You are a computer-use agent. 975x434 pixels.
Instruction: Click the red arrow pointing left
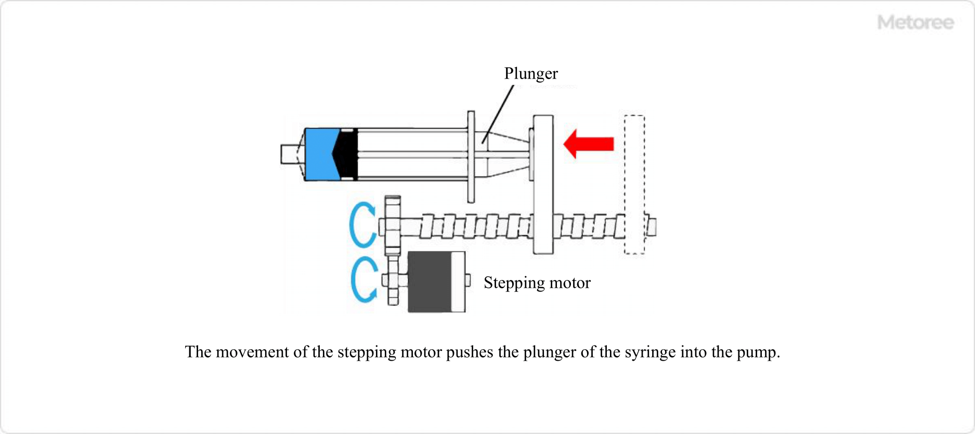tap(590, 144)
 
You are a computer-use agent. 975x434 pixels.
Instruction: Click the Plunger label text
tap(531, 73)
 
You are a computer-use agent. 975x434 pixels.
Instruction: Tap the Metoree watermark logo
tap(915, 22)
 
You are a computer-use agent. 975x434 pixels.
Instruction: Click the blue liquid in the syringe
tap(318, 154)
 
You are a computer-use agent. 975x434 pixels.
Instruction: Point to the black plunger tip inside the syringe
tap(347, 154)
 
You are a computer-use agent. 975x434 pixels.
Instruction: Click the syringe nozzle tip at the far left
tap(288, 154)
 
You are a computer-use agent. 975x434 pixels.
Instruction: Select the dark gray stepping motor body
tap(428, 282)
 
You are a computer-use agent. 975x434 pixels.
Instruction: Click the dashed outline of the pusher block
tap(634, 184)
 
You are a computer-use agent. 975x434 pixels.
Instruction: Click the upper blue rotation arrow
tap(361, 225)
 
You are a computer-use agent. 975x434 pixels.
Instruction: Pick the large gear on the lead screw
tap(393, 225)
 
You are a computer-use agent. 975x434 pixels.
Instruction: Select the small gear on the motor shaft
tap(393, 281)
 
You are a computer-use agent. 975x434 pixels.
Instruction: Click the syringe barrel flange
tap(471, 156)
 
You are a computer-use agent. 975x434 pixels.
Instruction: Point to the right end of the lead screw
tap(652, 226)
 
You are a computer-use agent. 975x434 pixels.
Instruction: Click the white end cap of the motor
tap(458, 282)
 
